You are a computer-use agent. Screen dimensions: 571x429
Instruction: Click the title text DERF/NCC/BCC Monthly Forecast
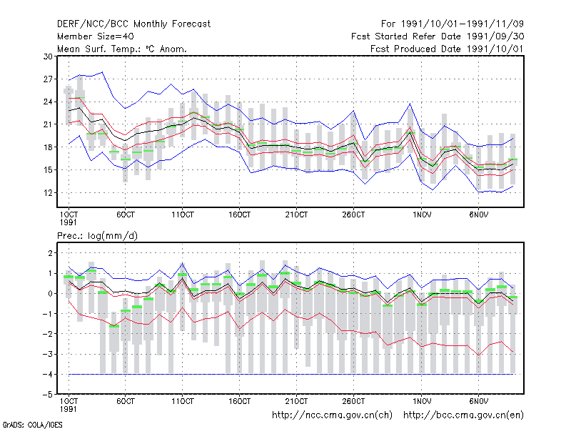click(133, 24)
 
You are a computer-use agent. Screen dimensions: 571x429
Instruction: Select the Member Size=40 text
click(96, 36)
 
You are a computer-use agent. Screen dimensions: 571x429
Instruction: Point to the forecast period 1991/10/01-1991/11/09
click(463, 24)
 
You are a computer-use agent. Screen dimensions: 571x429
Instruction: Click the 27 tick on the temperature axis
click(48, 79)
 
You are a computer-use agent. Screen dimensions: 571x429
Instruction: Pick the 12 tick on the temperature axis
click(48, 192)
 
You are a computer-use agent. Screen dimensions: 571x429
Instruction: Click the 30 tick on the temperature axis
click(48, 56)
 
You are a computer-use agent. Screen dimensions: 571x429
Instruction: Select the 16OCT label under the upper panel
click(239, 215)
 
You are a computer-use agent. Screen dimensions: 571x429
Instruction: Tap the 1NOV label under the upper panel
click(422, 215)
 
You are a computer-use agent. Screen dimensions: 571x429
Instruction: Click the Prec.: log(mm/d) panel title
click(97, 236)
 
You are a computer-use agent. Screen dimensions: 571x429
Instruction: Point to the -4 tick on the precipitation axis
click(47, 374)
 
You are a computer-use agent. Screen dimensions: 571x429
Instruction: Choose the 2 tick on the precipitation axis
click(50, 253)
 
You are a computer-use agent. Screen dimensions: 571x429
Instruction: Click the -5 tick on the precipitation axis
click(47, 395)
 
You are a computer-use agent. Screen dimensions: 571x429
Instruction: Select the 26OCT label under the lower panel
click(353, 401)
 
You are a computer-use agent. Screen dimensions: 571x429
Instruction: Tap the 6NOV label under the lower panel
click(478, 401)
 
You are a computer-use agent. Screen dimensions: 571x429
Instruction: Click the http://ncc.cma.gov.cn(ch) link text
click(332, 415)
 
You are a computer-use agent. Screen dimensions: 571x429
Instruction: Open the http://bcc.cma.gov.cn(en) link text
click(463, 415)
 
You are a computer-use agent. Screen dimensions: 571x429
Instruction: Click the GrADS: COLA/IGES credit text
click(32, 425)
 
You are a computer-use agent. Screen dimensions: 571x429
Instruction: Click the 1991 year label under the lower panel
click(68, 409)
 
